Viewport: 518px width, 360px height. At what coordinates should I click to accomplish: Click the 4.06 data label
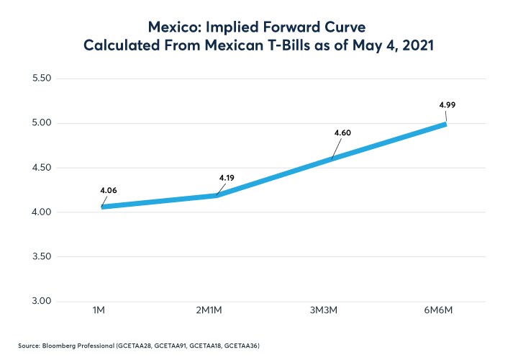point(108,191)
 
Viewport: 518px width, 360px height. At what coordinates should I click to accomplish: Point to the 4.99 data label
point(447,105)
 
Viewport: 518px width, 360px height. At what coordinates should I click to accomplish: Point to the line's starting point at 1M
point(103,207)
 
